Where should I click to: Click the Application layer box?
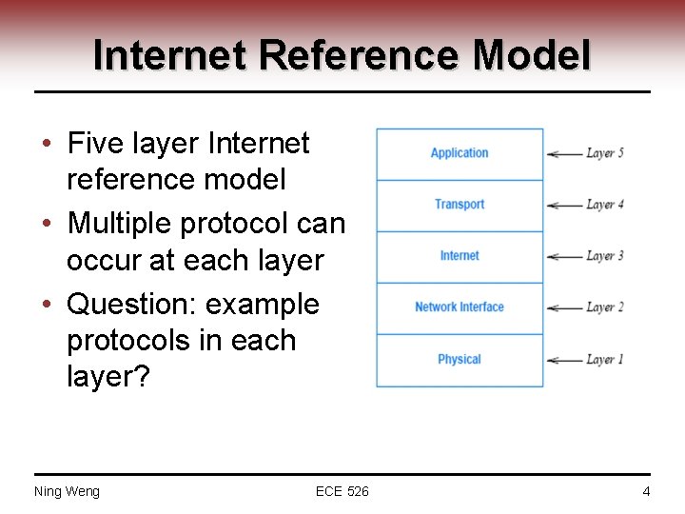point(460,154)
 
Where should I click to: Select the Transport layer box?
point(460,206)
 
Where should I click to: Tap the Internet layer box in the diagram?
point(460,257)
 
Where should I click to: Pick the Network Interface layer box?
point(460,308)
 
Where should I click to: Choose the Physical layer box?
point(460,360)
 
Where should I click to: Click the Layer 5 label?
point(605,153)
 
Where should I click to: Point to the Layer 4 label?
point(605,205)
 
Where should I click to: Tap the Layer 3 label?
point(605,256)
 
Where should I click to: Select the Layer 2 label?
point(605,307)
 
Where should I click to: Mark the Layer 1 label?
point(605,360)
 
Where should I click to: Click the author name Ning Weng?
point(67,491)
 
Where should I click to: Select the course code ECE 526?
point(342,491)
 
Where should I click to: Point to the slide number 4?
point(646,491)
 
